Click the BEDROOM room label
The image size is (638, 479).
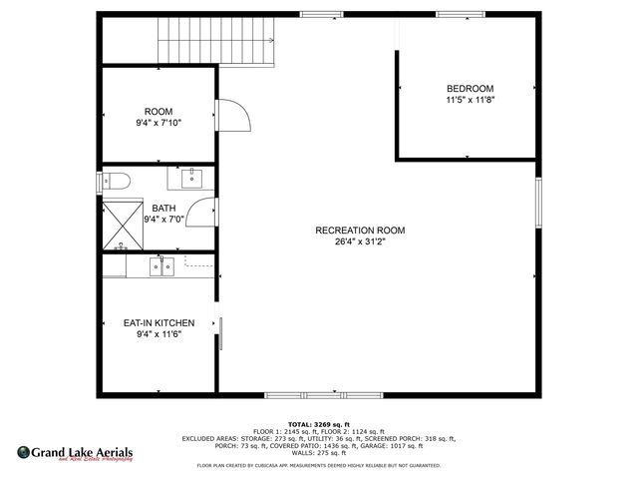470,88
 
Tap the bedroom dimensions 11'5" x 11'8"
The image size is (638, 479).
470,100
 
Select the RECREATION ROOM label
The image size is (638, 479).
360,231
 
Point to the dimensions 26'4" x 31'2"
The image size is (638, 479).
360,242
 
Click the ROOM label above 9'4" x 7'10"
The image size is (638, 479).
159,111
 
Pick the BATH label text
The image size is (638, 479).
162,208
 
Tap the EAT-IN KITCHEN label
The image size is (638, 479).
159,323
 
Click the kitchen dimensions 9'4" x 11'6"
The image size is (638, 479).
159,335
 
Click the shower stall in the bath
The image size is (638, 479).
122,226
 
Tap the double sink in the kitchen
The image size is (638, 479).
161,266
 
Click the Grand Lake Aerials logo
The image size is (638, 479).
75,455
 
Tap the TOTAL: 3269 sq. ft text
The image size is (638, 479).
318,424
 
